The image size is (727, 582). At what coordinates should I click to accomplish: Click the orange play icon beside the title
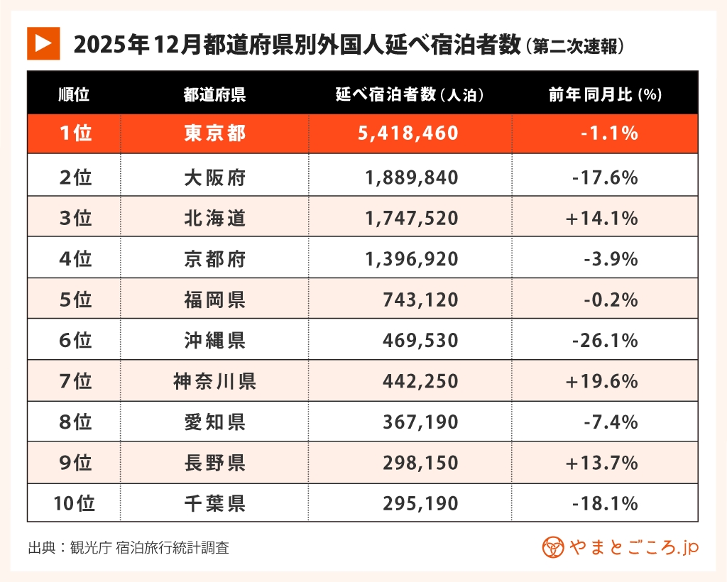(x=43, y=44)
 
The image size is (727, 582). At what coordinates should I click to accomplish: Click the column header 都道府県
(x=214, y=94)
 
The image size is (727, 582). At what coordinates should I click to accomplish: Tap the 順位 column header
(x=74, y=94)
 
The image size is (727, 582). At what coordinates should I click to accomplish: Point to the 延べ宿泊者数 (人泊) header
(x=410, y=94)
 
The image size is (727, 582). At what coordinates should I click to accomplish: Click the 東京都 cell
(x=214, y=133)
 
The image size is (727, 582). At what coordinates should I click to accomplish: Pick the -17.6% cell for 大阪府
(x=604, y=177)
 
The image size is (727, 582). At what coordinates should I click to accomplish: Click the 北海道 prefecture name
(x=214, y=218)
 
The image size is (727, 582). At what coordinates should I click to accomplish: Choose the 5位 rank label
(x=75, y=300)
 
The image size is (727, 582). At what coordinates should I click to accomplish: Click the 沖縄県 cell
(x=214, y=341)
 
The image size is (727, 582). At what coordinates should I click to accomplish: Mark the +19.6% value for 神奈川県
(x=601, y=382)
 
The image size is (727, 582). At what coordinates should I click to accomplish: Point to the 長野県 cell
(x=214, y=463)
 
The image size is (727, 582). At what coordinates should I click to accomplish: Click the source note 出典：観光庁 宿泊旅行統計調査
(x=129, y=548)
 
